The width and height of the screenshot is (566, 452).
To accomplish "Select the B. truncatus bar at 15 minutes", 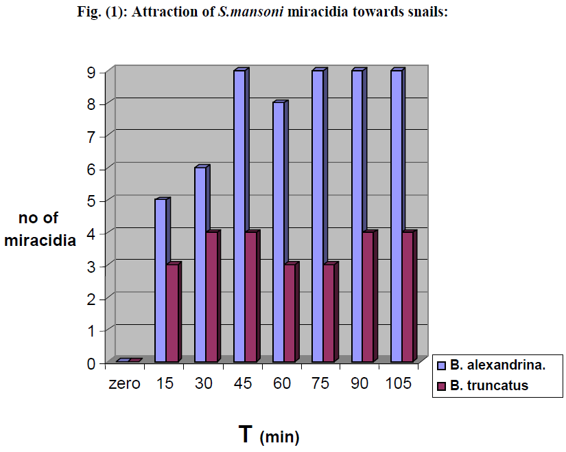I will click(172, 313).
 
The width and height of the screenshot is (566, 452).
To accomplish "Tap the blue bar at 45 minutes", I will click(239, 216).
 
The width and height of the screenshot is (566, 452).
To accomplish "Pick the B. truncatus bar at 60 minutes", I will click(290, 313).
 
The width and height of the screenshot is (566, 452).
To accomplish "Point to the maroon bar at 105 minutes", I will click(408, 297).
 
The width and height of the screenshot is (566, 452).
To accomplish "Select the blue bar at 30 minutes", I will click(200, 264).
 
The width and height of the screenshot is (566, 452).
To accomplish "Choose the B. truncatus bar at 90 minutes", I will click(368, 297).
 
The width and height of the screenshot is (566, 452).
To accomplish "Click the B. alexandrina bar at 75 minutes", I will click(318, 216).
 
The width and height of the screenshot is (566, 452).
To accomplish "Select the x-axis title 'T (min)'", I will click(269, 435).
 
